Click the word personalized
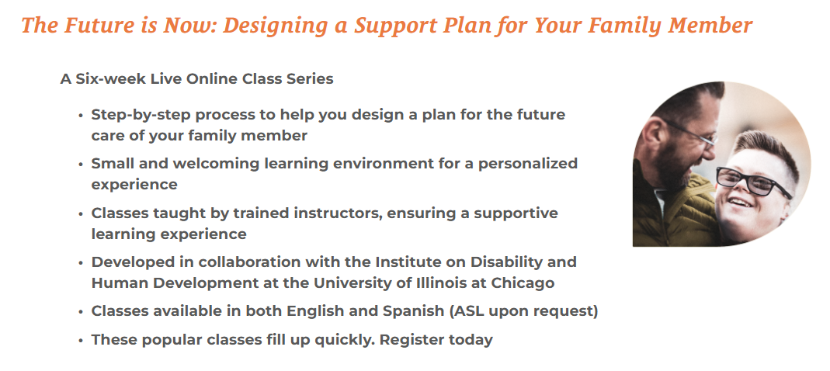tap(528, 164)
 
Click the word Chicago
tap(523, 283)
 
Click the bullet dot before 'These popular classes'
tap(81, 340)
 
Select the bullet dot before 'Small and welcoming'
tap(81, 165)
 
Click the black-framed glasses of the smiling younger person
tap(753, 182)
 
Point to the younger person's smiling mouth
tap(741, 203)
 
